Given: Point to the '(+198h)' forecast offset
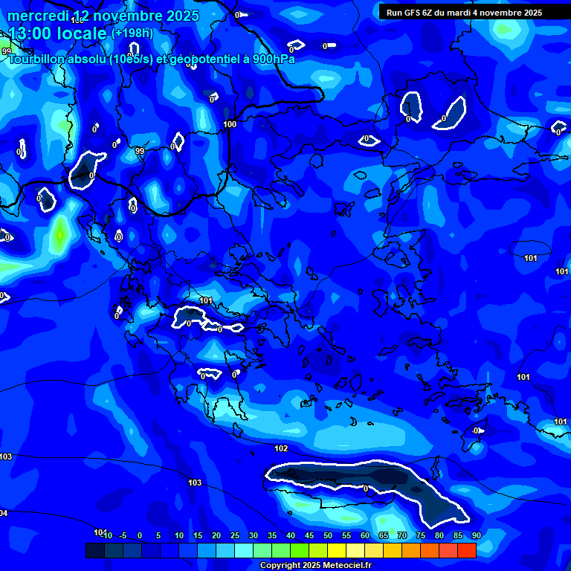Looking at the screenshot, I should click(132, 33).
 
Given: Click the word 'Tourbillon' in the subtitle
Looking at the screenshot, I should click(37, 59).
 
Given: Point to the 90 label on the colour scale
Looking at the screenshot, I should click(476, 535).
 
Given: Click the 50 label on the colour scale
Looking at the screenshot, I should click(328, 535).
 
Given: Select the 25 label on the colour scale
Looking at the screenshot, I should click(235, 535).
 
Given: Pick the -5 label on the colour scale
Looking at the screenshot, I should click(123, 535).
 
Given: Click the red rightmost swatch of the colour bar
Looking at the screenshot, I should click(466, 551).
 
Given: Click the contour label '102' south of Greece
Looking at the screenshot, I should click(281, 448).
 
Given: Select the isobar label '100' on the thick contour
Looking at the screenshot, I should click(230, 124).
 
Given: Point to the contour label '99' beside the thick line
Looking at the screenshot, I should click(140, 151).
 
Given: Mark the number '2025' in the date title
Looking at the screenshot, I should click(181, 16).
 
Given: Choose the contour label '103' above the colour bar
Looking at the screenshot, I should click(195, 483).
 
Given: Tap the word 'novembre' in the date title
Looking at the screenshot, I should click(126, 16).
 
